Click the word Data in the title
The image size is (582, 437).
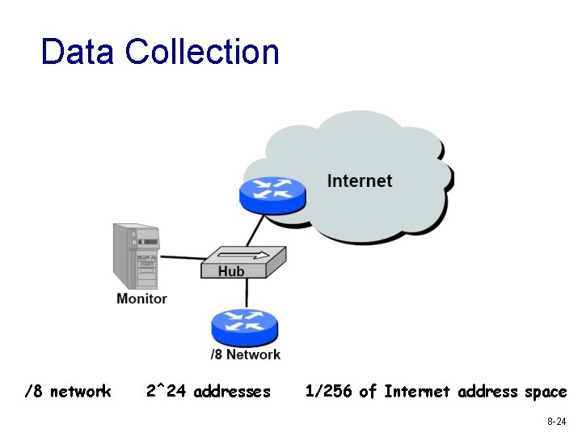[78, 52]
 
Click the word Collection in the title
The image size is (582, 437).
[202, 52]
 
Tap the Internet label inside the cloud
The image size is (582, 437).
[360, 180]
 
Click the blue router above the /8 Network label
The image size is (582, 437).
[244, 324]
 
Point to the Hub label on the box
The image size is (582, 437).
[231, 271]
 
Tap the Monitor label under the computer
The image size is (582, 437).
[141, 298]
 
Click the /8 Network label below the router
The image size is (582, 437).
[245, 354]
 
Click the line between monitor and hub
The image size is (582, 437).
[181, 258]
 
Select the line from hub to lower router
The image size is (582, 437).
[243, 293]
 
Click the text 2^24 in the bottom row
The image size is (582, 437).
[167, 392]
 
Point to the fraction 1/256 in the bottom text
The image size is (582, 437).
[328, 392]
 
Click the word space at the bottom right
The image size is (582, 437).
[546, 392]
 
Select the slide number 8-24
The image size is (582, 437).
[556, 422]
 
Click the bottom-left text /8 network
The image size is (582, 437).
[68, 392]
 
